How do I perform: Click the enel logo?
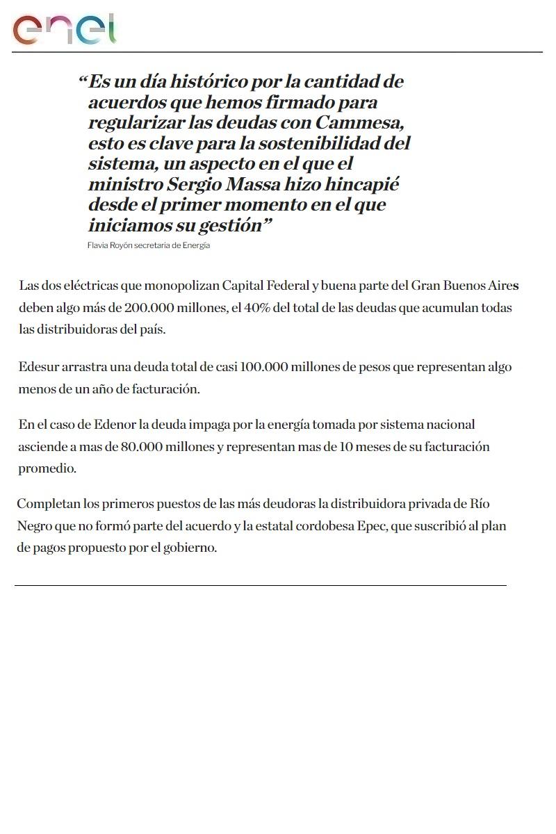tap(64, 30)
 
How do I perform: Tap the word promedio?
tap(47, 468)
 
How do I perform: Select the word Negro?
tap(33, 526)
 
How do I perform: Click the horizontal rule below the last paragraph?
tap(261, 585)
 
